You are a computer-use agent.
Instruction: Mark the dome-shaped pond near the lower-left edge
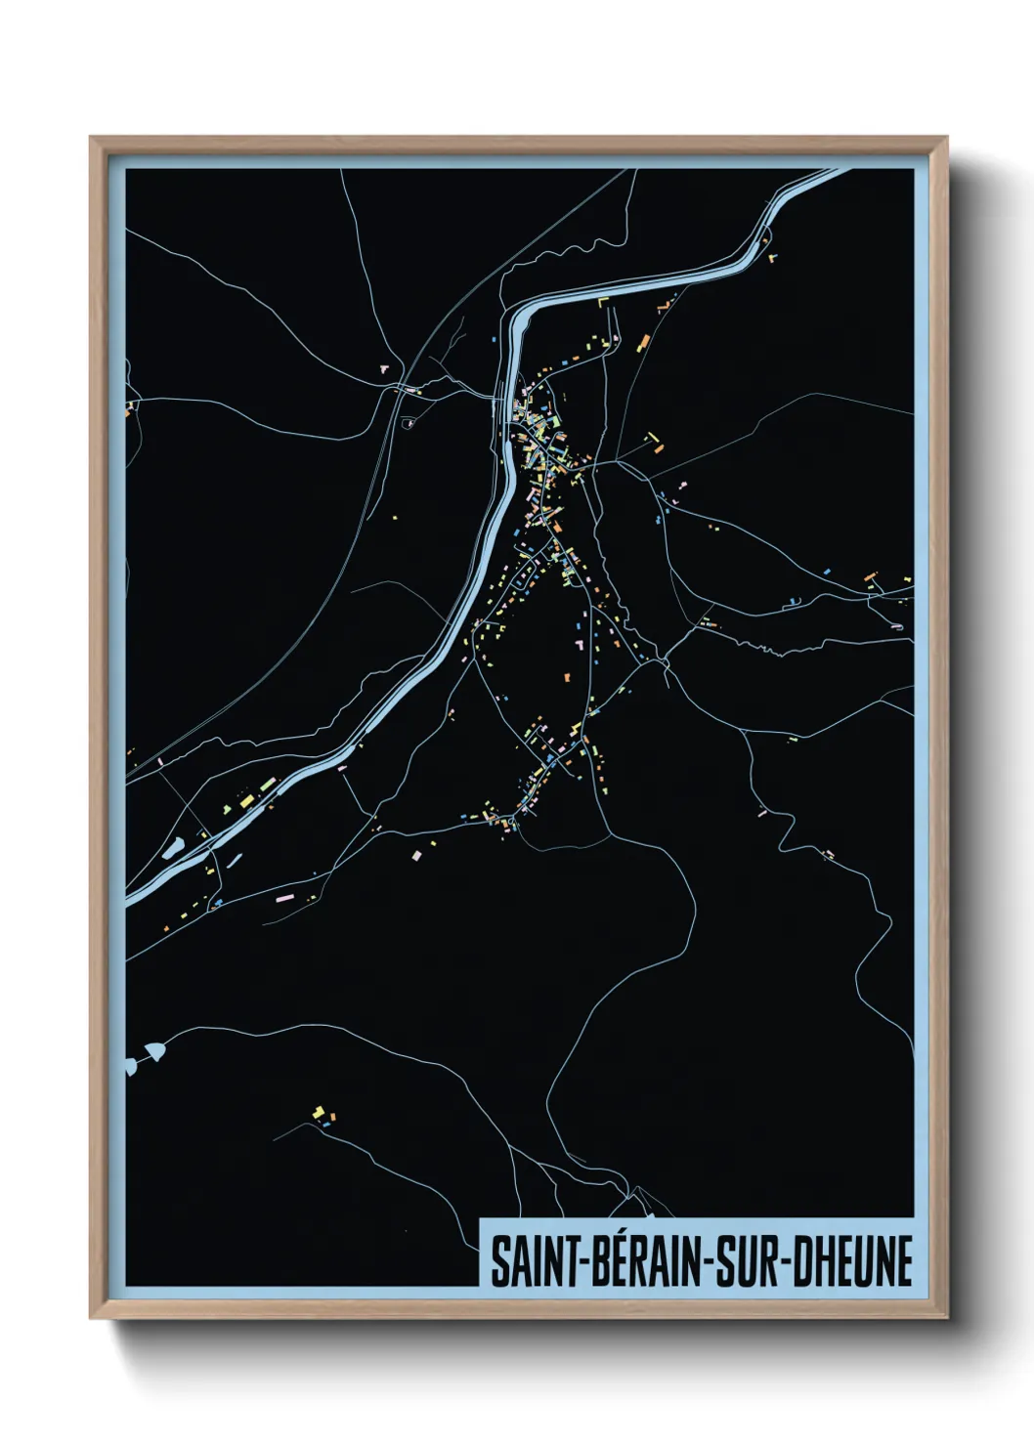click(x=151, y=1053)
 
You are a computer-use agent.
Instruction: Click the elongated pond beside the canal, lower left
click(x=173, y=847)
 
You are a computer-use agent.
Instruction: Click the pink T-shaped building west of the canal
click(x=384, y=369)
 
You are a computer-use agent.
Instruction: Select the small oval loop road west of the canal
click(x=409, y=423)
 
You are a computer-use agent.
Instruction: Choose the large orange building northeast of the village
click(x=643, y=343)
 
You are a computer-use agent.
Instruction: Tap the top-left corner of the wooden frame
click(x=92, y=139)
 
